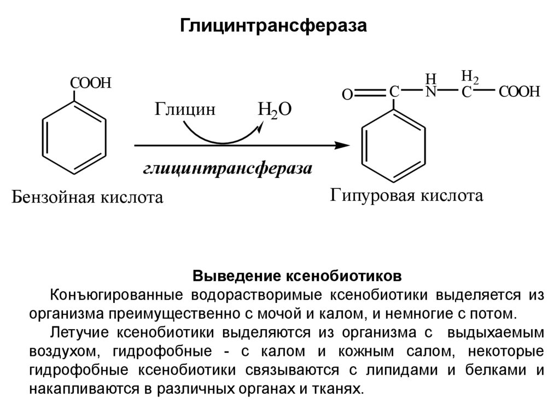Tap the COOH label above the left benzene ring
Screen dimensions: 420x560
(90, 83)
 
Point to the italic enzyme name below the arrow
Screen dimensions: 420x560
(227, 168)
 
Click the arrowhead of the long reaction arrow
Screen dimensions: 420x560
(343, 146)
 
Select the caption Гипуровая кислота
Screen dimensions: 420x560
(406, 195)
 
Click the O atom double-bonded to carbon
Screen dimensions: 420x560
(347, 95)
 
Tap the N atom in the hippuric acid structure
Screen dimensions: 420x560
(431, 92)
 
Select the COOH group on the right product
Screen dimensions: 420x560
(519, 92)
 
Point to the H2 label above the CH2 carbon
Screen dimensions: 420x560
(469, 76)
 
